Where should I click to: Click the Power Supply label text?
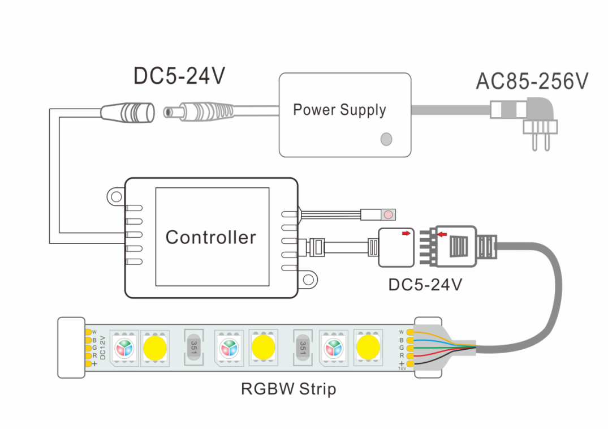pos(339,110)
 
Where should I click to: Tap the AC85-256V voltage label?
pos(532,81)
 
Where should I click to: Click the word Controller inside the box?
pos(210,237)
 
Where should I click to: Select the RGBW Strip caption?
pos(288,389)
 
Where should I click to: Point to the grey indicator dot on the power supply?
pos(386,138)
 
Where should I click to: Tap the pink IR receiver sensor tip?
pos(388,215)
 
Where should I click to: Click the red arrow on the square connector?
pos(407,233)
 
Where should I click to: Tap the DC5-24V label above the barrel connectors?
pos(179,76)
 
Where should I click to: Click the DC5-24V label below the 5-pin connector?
pos(425,284)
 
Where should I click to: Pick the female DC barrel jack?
pos(128,111)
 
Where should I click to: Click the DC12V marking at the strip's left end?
pos(103,346)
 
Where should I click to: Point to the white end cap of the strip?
pos(71,347)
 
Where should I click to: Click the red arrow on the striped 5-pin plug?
pos(443,233)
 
